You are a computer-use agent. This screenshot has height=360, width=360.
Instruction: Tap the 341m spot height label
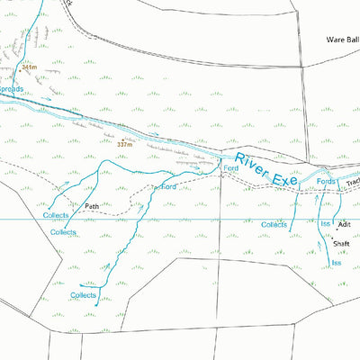coord(29,67)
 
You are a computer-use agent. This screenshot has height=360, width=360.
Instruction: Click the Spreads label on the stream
coord(11,90)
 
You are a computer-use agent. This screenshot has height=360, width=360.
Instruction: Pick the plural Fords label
coord(326,182)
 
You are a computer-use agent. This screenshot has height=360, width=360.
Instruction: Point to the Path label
coord(91,206)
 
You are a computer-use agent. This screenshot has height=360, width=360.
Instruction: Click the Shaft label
coord(341,244)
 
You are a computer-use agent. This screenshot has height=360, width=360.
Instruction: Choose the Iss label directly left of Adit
coord(325,222)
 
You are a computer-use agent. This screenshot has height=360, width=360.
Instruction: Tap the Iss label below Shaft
coord(336,263)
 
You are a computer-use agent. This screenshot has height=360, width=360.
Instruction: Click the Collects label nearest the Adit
coord(274,224)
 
